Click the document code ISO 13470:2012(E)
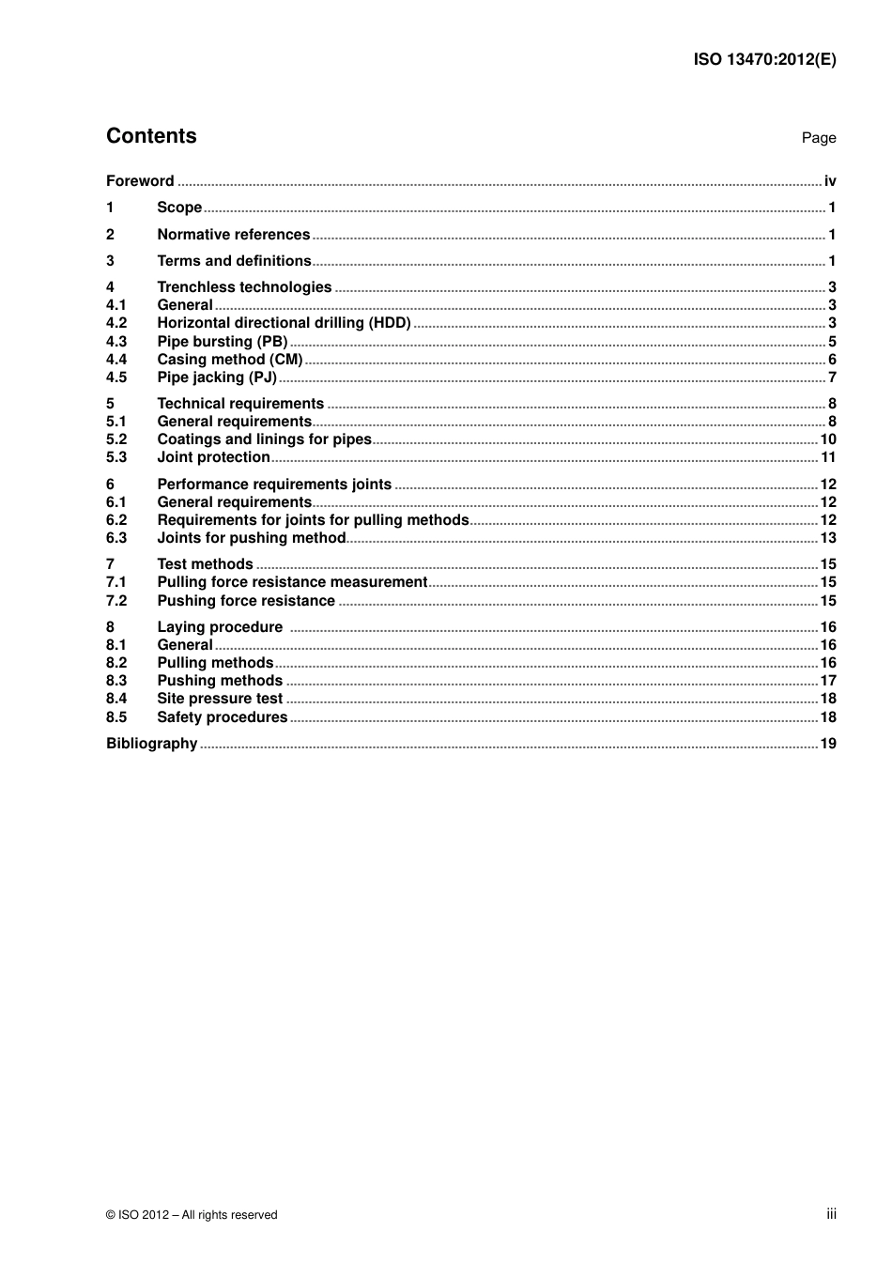tap(764, 59)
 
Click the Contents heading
tap(151, 136)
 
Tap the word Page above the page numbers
tap(818, 138)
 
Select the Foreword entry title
tap(140, 181)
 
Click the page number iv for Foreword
tap(830, 181)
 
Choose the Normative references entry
tap(233, 235)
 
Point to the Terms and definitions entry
tap(234, 261)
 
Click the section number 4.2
tap(116, 323)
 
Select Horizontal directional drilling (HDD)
tap(284, 323)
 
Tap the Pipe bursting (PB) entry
tap(222, 342)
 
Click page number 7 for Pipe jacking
tap(832, 377)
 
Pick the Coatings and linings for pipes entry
tap(264, 439)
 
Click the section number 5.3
tap(116, 457)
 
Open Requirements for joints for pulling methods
tap(313, 520)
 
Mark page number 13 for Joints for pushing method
tap(828, 538)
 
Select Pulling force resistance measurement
tap(292, 582)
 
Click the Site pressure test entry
tap(220, 699)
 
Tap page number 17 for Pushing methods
tap(828, 681)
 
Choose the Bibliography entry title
tap(151, 744)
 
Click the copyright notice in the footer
tap(192, 1215)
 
